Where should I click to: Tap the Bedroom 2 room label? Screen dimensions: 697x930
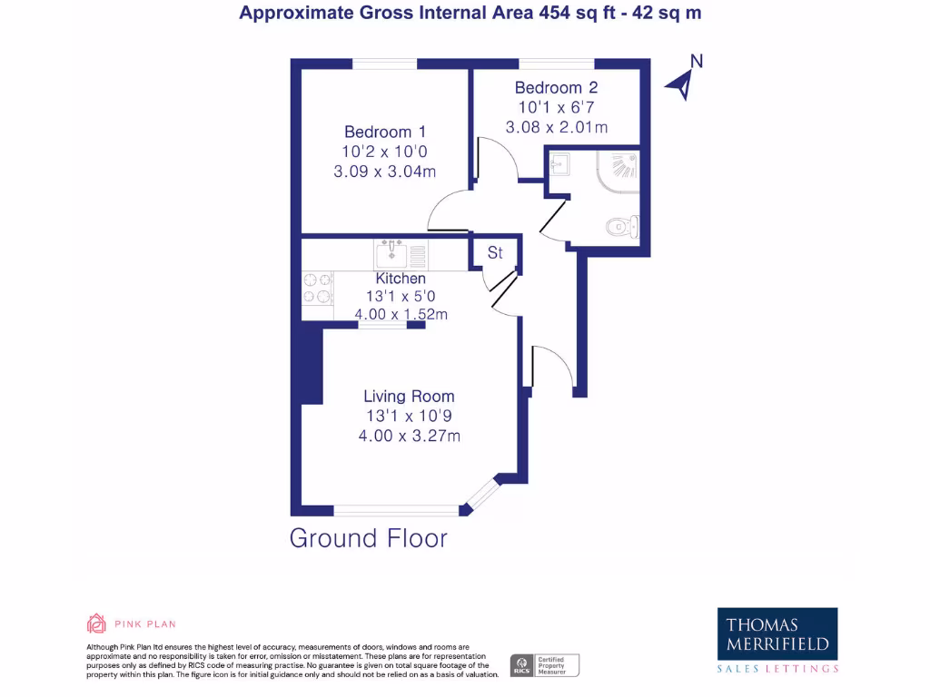tap(556, 88)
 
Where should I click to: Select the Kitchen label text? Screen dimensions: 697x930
tap(401, 279)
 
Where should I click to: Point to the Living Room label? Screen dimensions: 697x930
tap(409, 397)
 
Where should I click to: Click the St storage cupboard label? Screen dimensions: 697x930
tap(495, 253)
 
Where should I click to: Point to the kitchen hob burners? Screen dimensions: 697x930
tap(317, 289)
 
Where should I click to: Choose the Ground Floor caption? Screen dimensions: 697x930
tap(369, 538)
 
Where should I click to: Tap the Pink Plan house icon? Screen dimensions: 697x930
tap(96, 623)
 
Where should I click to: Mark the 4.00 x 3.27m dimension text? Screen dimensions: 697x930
tap(409, 436)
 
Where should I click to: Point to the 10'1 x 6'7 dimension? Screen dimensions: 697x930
tap(556, 107)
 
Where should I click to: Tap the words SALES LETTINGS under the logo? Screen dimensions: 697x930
tap(777, 669)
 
